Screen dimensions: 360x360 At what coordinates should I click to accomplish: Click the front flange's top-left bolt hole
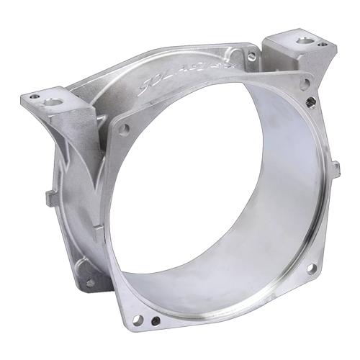click(x=124, y=129)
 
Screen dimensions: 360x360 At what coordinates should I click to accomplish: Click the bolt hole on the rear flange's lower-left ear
click(x=90, y=282)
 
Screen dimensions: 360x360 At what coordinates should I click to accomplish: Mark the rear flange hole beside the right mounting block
click(x=251, y=56)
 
